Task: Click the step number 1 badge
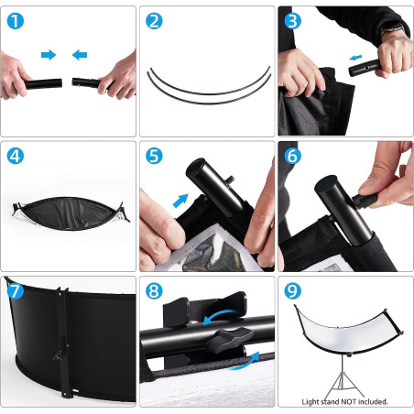(x=17, y=20)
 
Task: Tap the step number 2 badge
(x=154, y=20)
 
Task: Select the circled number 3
(x=292, y=20)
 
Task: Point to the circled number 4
(x=17, y=156)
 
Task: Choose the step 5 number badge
(x=154, y=156)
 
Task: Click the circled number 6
(x=292, y=156)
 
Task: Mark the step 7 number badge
(x=16, y=292)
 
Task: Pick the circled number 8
(x=154, y=292)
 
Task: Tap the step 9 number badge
(x=292, y=292)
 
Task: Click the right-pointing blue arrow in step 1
(x=49, y=55)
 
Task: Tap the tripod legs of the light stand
(x=343, y=383)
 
